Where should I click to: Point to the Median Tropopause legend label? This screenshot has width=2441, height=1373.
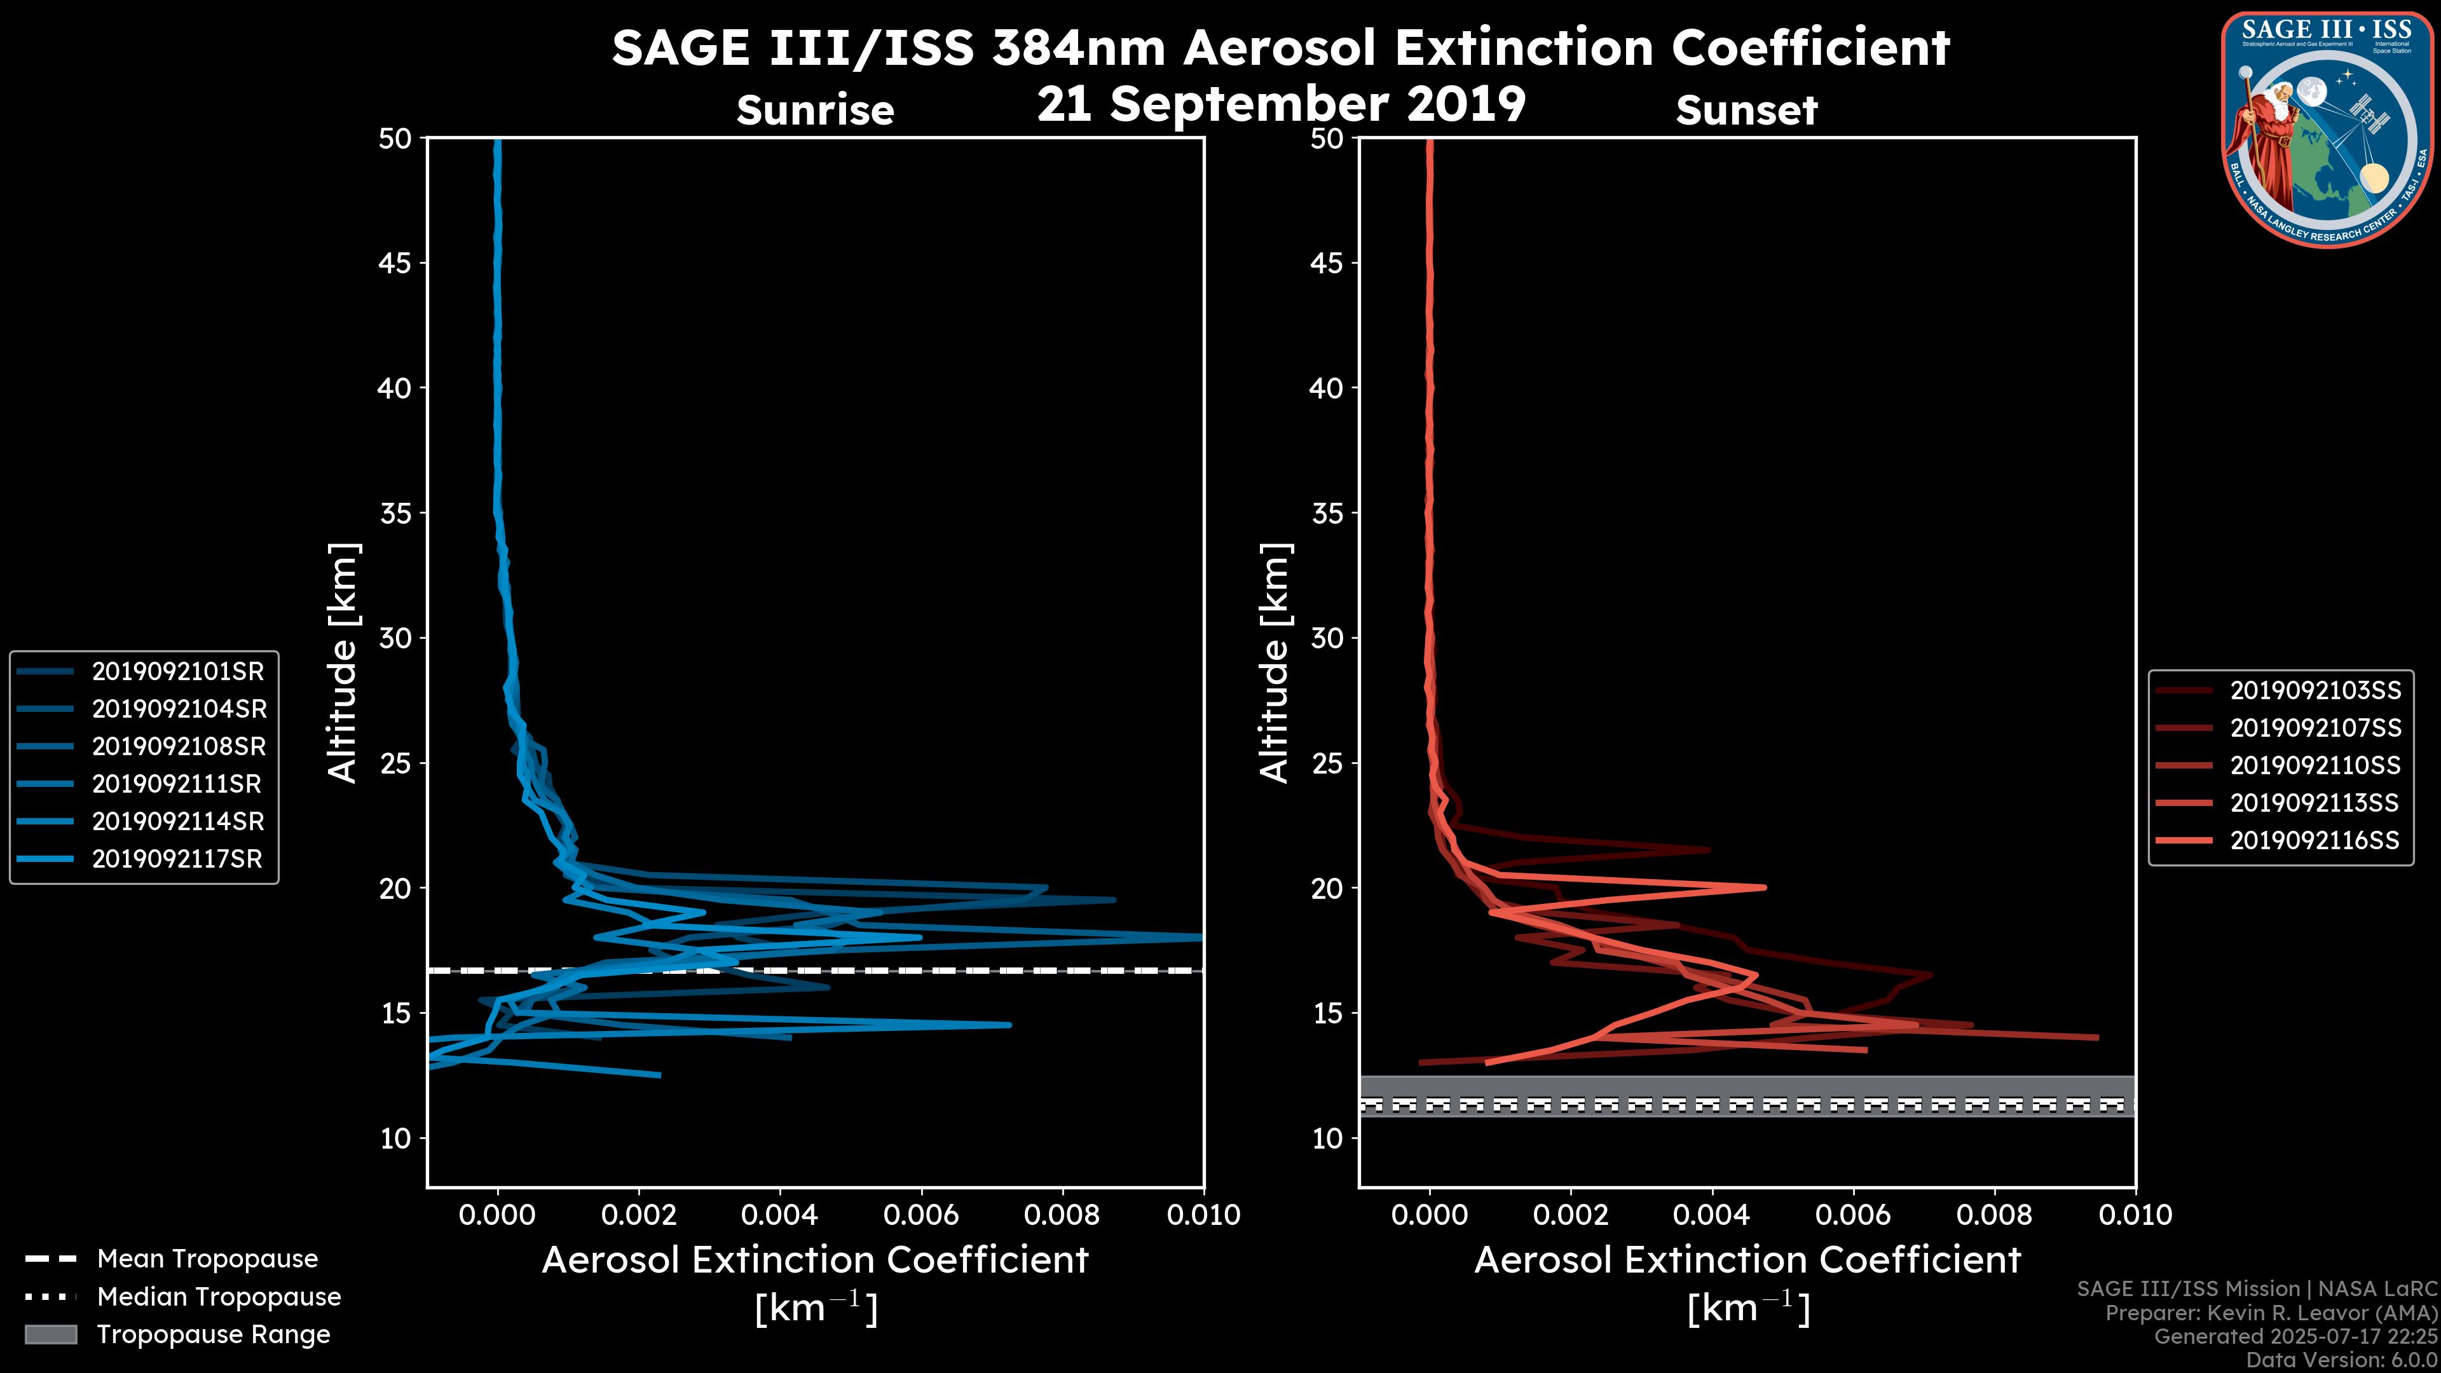(x=219, y=1296)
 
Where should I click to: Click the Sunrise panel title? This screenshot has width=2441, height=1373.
(x=815, y=110)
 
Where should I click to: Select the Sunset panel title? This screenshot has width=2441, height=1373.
(x=1746, y=110)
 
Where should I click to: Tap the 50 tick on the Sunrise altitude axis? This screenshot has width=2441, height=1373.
(x=396, y=139)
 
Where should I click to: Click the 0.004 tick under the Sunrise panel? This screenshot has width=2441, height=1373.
(x=780, y=1215)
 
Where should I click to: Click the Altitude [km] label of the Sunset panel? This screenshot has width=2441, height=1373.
(x=1275, y=663)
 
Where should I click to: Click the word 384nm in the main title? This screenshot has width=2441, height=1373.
(x=1078, y=48)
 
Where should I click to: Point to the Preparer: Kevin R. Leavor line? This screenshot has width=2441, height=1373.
(x=2271, y=1313)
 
